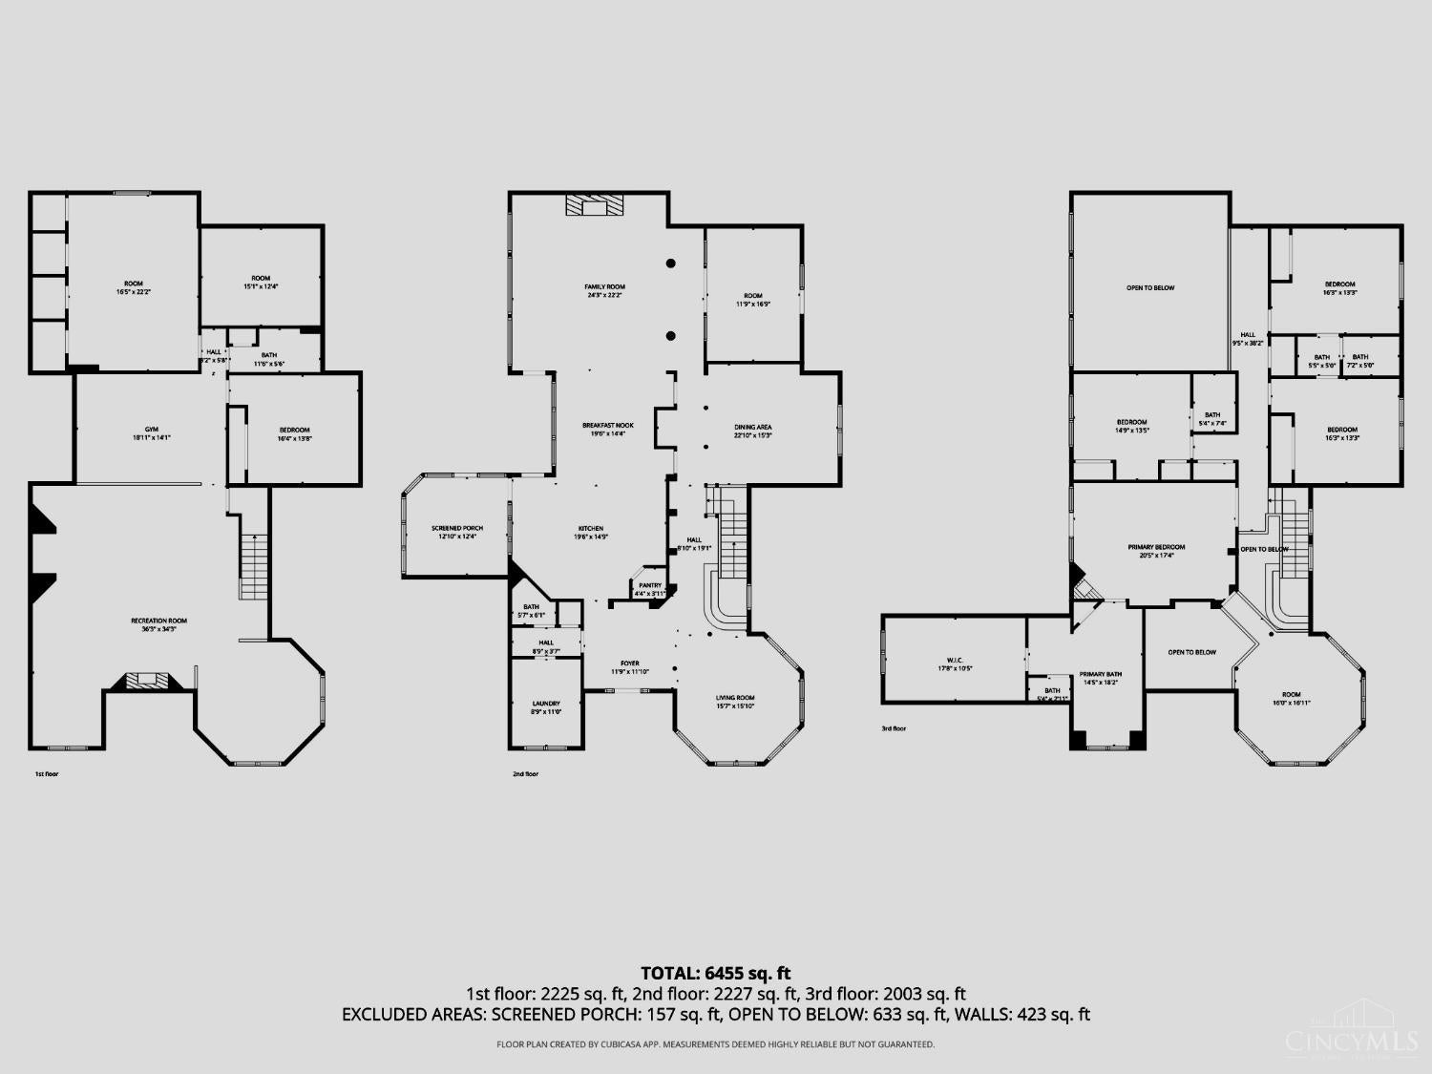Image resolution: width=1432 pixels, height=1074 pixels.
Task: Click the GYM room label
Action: [x=151, y=430]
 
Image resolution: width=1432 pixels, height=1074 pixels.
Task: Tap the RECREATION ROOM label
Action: [x=158, y=621]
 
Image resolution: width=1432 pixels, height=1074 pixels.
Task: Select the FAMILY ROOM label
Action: [x=605, y=287]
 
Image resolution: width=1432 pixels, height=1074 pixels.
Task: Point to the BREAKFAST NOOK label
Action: [x=608, y=426]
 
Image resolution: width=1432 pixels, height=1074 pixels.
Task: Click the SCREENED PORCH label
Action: [x=457, y=529]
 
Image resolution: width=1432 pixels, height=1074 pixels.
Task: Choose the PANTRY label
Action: [x=650, y=586]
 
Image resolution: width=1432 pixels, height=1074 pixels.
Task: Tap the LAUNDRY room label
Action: [x=546, y=704]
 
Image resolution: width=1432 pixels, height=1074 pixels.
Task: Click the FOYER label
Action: [x=630, y=663]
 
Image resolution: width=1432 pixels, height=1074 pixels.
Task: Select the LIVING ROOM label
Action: [x=735, y=698]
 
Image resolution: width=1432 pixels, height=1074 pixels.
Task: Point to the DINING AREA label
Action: [x=753, y=428]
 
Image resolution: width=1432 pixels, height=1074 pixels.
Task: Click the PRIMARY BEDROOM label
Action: [x=1156, y=548]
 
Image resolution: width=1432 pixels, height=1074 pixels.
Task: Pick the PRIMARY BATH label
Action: [x=1101, y=675]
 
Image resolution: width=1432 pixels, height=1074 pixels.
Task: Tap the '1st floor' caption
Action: [x=46, y=774]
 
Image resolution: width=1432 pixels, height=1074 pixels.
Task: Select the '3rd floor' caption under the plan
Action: [x=894, y=728]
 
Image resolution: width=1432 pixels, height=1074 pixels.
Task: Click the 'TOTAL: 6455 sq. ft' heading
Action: [x=715, y=974]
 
